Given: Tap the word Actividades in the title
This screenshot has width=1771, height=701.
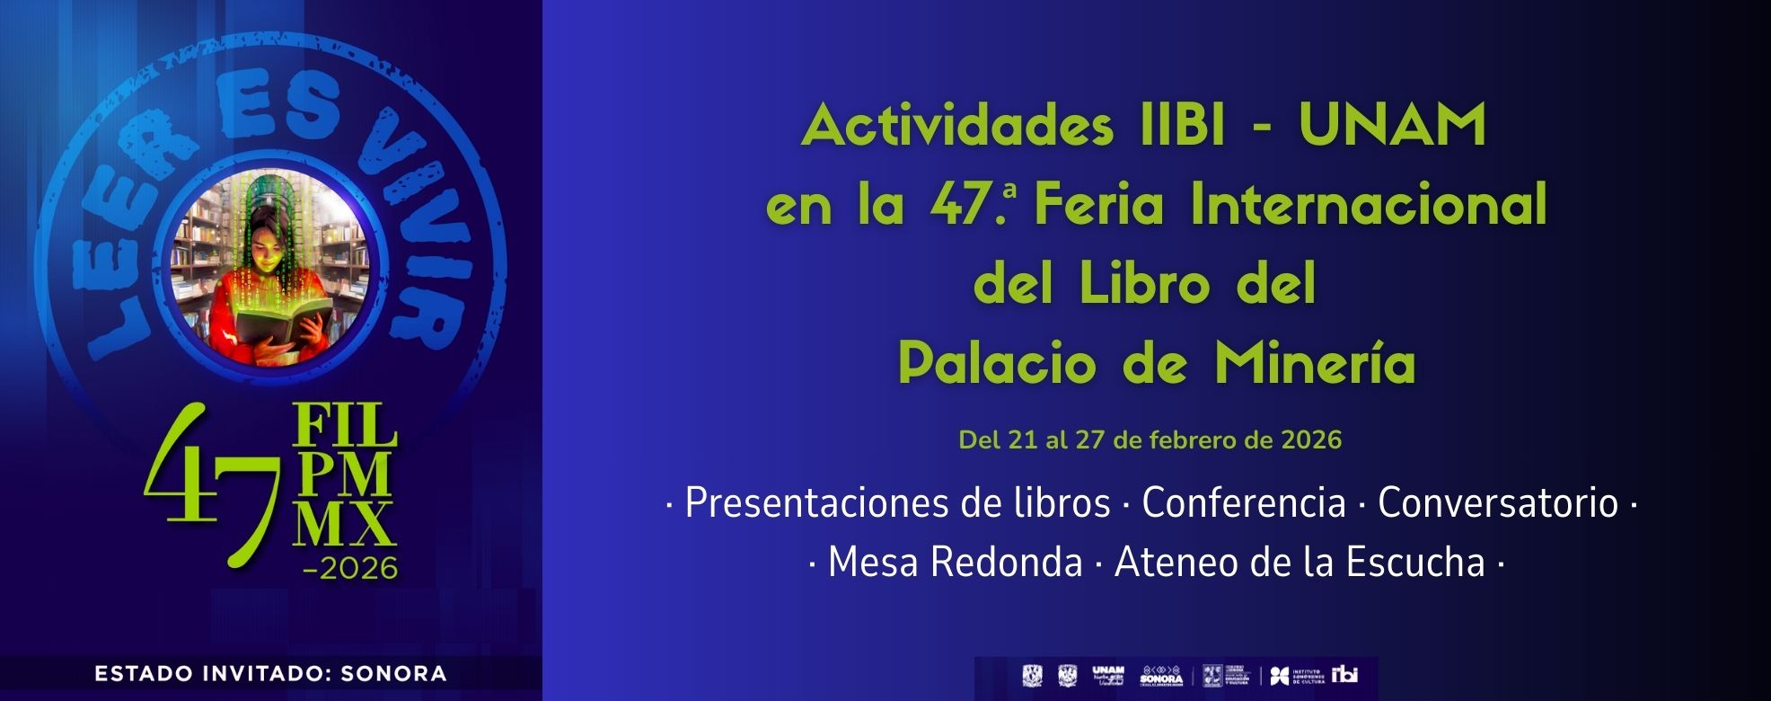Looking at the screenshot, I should coord(957,126).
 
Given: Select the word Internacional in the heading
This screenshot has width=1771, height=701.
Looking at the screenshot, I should coord(1369,205).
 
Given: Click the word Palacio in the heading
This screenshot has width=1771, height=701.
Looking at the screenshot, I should coord(997,364).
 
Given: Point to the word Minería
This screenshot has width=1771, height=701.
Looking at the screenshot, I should coord(1315,364).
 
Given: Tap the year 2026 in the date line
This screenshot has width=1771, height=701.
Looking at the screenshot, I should coord(1311,440).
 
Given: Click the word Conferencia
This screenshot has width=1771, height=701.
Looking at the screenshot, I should coord(1244,503).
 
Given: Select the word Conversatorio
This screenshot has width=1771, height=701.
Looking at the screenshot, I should coord(1498,503).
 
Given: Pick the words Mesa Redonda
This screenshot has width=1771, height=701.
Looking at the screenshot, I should coord(955,563).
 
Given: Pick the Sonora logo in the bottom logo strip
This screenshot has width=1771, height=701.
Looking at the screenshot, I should coord(1161,676).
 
